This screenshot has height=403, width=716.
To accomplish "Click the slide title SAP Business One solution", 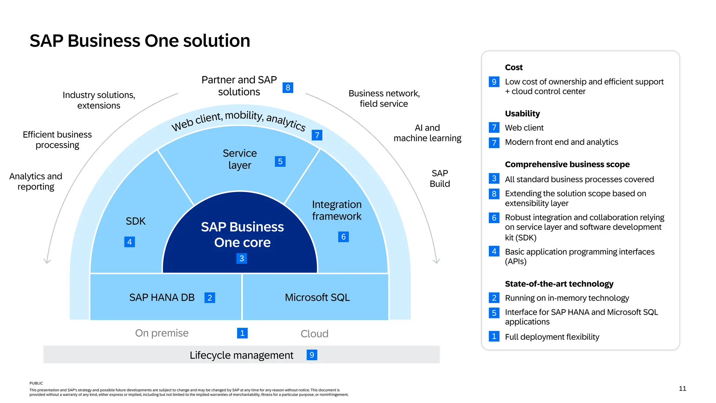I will [x=140, y=41].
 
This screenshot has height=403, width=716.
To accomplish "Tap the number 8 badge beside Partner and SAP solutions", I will [x=288, y=87].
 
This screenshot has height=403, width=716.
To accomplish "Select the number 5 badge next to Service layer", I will [x=280, y=161].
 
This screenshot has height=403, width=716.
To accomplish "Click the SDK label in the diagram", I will [x=136, y=221].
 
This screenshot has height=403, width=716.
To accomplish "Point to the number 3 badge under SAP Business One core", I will [x=242, y=259].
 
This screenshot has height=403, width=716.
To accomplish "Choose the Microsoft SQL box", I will [x=317, y=297].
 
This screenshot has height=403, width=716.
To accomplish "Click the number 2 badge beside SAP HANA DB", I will [x=210, y=298].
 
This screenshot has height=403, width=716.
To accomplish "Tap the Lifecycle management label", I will [x=241, y=355].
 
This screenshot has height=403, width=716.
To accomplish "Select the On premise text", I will [x=162, y=333].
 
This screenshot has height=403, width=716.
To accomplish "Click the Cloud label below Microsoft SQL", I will [x=314, y=334].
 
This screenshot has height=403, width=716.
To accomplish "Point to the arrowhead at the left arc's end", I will [x=47, y=261].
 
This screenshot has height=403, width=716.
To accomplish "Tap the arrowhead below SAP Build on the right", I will [x=436, y=261].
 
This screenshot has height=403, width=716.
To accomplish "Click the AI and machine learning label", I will [x=427, y=133].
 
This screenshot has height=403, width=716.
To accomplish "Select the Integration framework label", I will [x=337, y=210].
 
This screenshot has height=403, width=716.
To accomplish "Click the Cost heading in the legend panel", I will [x=514, y=67].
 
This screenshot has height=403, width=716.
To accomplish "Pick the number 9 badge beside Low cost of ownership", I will [x=494, y=82].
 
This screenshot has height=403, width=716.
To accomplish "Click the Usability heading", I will [x=522, y=113].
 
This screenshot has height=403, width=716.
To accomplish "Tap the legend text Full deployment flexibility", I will [x=552, y=337].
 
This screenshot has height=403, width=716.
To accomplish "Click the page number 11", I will [x=682, y=389].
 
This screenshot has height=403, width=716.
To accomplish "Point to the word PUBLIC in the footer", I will [x=36, y=383].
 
